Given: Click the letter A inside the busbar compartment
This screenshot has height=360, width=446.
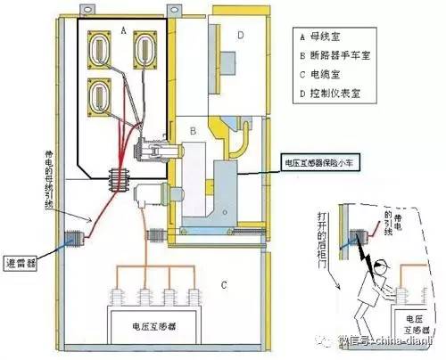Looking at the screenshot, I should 122,29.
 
